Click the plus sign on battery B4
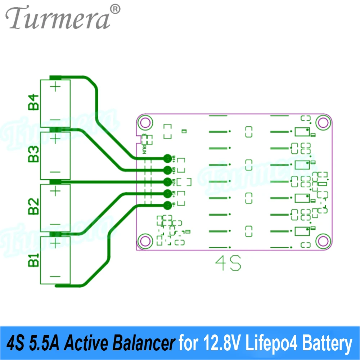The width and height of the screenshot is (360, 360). pos(55,87)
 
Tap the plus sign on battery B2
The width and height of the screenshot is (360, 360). pos(55,191)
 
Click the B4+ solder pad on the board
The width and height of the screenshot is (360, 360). pos(167,158)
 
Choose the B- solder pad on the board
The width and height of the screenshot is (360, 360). pos(167,206)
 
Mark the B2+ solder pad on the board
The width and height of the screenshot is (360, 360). pos(167,182)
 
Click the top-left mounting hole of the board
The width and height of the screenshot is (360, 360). pos(145,123)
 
